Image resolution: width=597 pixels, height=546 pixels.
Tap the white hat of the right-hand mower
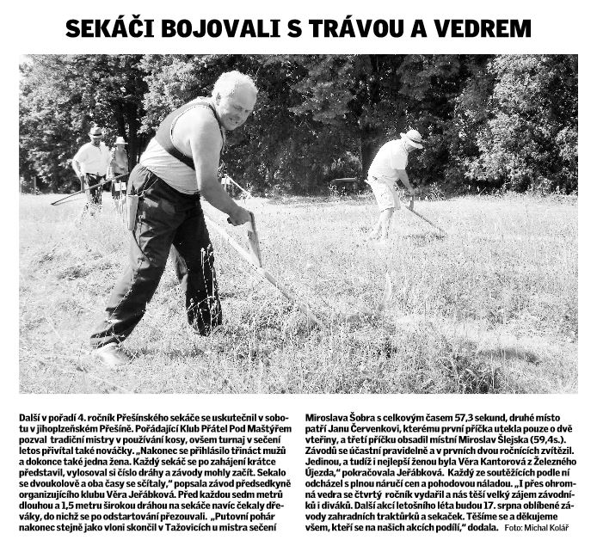[x=412, y=137]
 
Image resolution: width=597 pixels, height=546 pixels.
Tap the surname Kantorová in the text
[x=467, y=460]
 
